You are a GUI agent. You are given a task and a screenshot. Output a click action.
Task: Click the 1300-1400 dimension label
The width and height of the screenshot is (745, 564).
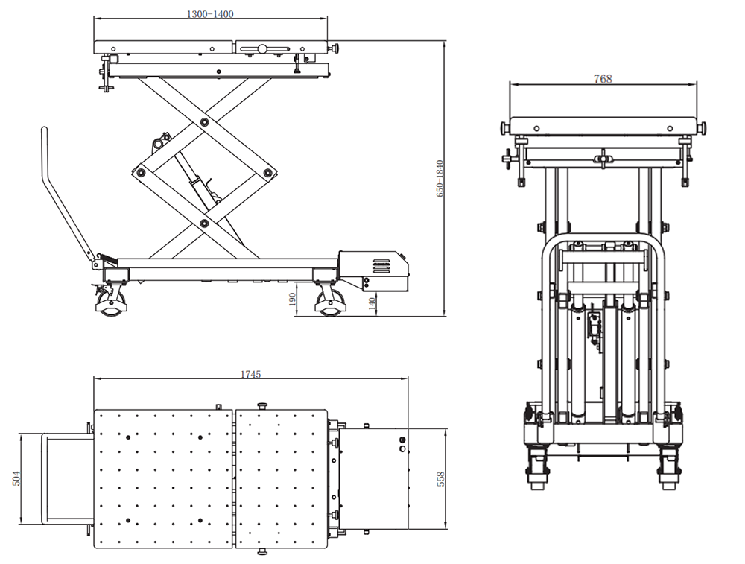[210, 13]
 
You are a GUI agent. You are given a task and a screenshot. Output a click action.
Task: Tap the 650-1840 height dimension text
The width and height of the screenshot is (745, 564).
[440, 179]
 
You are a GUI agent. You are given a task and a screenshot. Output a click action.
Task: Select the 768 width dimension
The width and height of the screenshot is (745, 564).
[603, 78]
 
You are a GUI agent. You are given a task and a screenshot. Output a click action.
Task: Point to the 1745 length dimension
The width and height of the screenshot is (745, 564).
[250, 375]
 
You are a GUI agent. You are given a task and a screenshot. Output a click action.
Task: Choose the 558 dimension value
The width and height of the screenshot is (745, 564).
[440, 478]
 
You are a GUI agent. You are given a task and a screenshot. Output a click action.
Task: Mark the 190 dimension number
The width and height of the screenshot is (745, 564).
[292, 300]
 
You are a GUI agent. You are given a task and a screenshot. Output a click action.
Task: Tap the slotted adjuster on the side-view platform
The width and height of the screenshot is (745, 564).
[262, 50]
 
